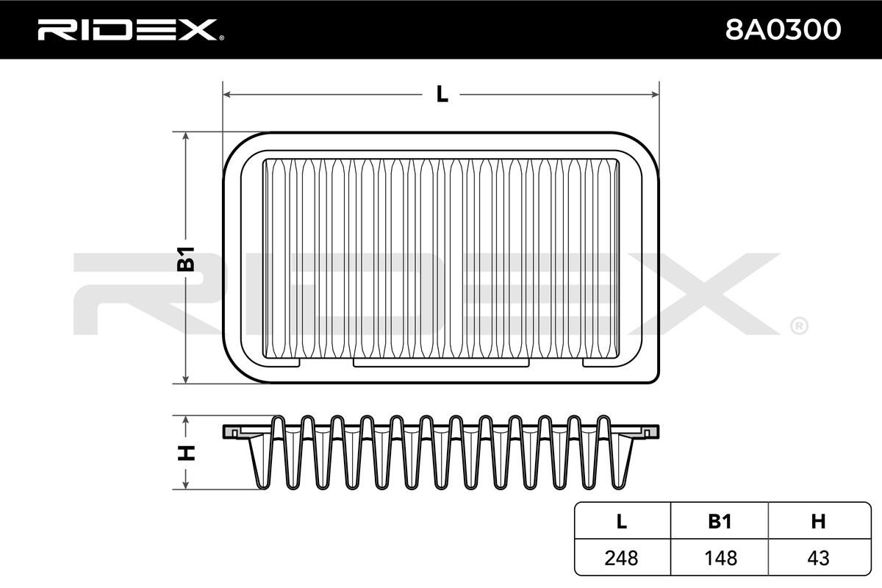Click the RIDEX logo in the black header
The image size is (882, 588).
pos(131,30)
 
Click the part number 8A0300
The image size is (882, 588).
pos(783,30)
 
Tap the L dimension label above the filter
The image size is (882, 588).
pos(442,95)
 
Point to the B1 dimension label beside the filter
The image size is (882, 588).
pos(185,259)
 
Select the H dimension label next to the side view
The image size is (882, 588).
pos(186,453)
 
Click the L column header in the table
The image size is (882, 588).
pos(621,521)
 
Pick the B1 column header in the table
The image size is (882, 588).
pos(720,521)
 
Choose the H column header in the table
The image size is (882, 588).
pos(818,521)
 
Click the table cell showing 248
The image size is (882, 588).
pos(621,558)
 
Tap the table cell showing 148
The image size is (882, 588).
pos(720,558)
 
